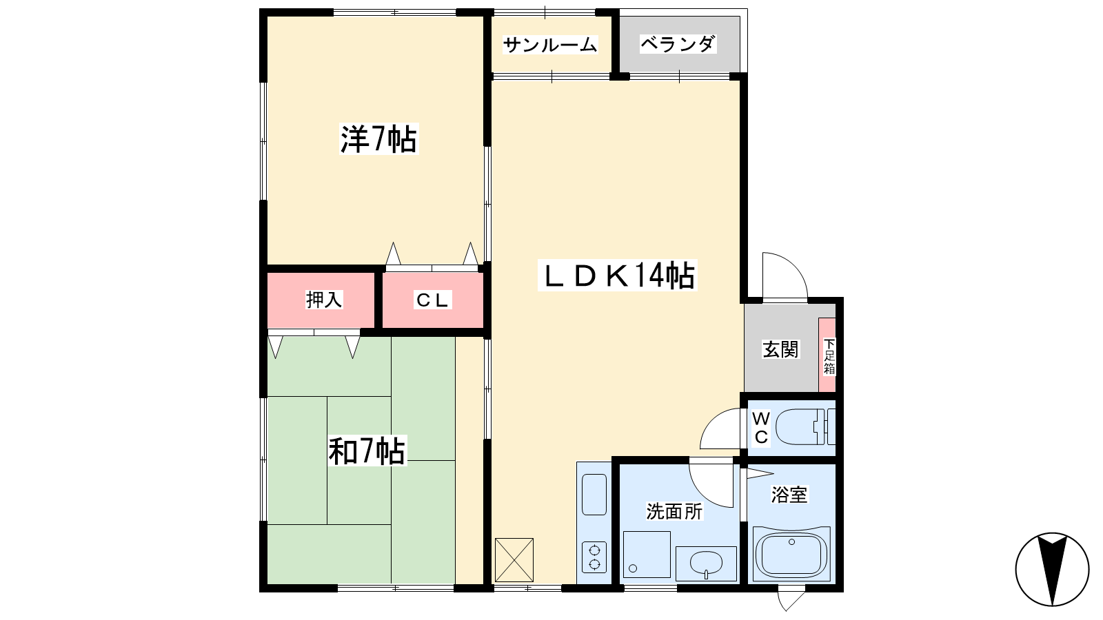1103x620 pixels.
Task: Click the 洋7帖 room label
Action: [x=378, y=139]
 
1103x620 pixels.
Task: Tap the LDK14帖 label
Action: [x=618, y=275]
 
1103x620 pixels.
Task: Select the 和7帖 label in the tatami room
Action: [x=367, y=451]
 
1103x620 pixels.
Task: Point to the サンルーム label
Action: [x=549, y=45]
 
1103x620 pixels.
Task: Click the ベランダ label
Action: [x=678, y=44]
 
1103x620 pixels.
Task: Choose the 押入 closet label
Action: [x=323, y=299]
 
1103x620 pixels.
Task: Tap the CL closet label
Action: [x=432, y=300]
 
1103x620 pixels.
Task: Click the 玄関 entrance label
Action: [x=780, y=349]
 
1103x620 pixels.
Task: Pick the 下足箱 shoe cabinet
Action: [x=827, y=355]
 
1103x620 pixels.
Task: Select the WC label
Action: [x=761, y=428]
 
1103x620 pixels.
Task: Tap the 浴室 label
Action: [x=789, y=495]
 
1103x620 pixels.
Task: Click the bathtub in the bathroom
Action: [x=791, y=554]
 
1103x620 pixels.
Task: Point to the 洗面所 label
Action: [x=674, y=512]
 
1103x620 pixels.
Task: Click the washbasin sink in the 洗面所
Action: [x=706, y=564]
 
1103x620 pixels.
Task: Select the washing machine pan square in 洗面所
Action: [x=647, y=554]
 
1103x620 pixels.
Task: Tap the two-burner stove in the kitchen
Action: [x=594, y=557]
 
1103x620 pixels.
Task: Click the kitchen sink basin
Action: [x=594, y=495]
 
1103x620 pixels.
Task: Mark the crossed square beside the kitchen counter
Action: [x=514, y=559]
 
